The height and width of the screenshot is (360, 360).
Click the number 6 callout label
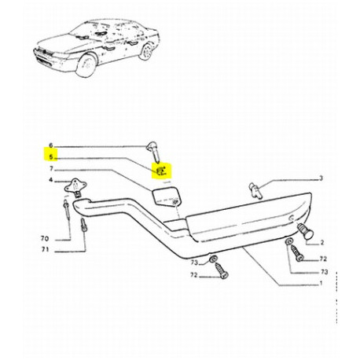tap(51, 145)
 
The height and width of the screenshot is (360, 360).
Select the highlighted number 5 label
tap(51, 157)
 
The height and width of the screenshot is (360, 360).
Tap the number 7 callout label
tap(51, 168)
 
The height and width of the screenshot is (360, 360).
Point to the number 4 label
tap(51, 180)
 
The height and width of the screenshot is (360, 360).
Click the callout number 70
tap(45, 238)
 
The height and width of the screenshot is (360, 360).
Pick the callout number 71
tap(45, 249)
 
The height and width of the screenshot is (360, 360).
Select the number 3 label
tap(321, 178)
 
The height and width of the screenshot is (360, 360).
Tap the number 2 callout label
tap(322, 243)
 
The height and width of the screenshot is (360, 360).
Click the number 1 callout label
tap(321, 283)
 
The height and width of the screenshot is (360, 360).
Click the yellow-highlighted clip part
tap(161, 171)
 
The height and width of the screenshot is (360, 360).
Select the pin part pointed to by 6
tap(154, 152)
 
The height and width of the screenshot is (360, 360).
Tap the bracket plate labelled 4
tap(75, 187)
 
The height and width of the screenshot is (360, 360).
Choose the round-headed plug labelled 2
tap(306, 231)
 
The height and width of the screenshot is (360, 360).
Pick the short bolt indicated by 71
tap(84, 225)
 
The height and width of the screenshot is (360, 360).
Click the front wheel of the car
tap(86, 65)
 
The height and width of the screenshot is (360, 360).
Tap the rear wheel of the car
tap(146, 52)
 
